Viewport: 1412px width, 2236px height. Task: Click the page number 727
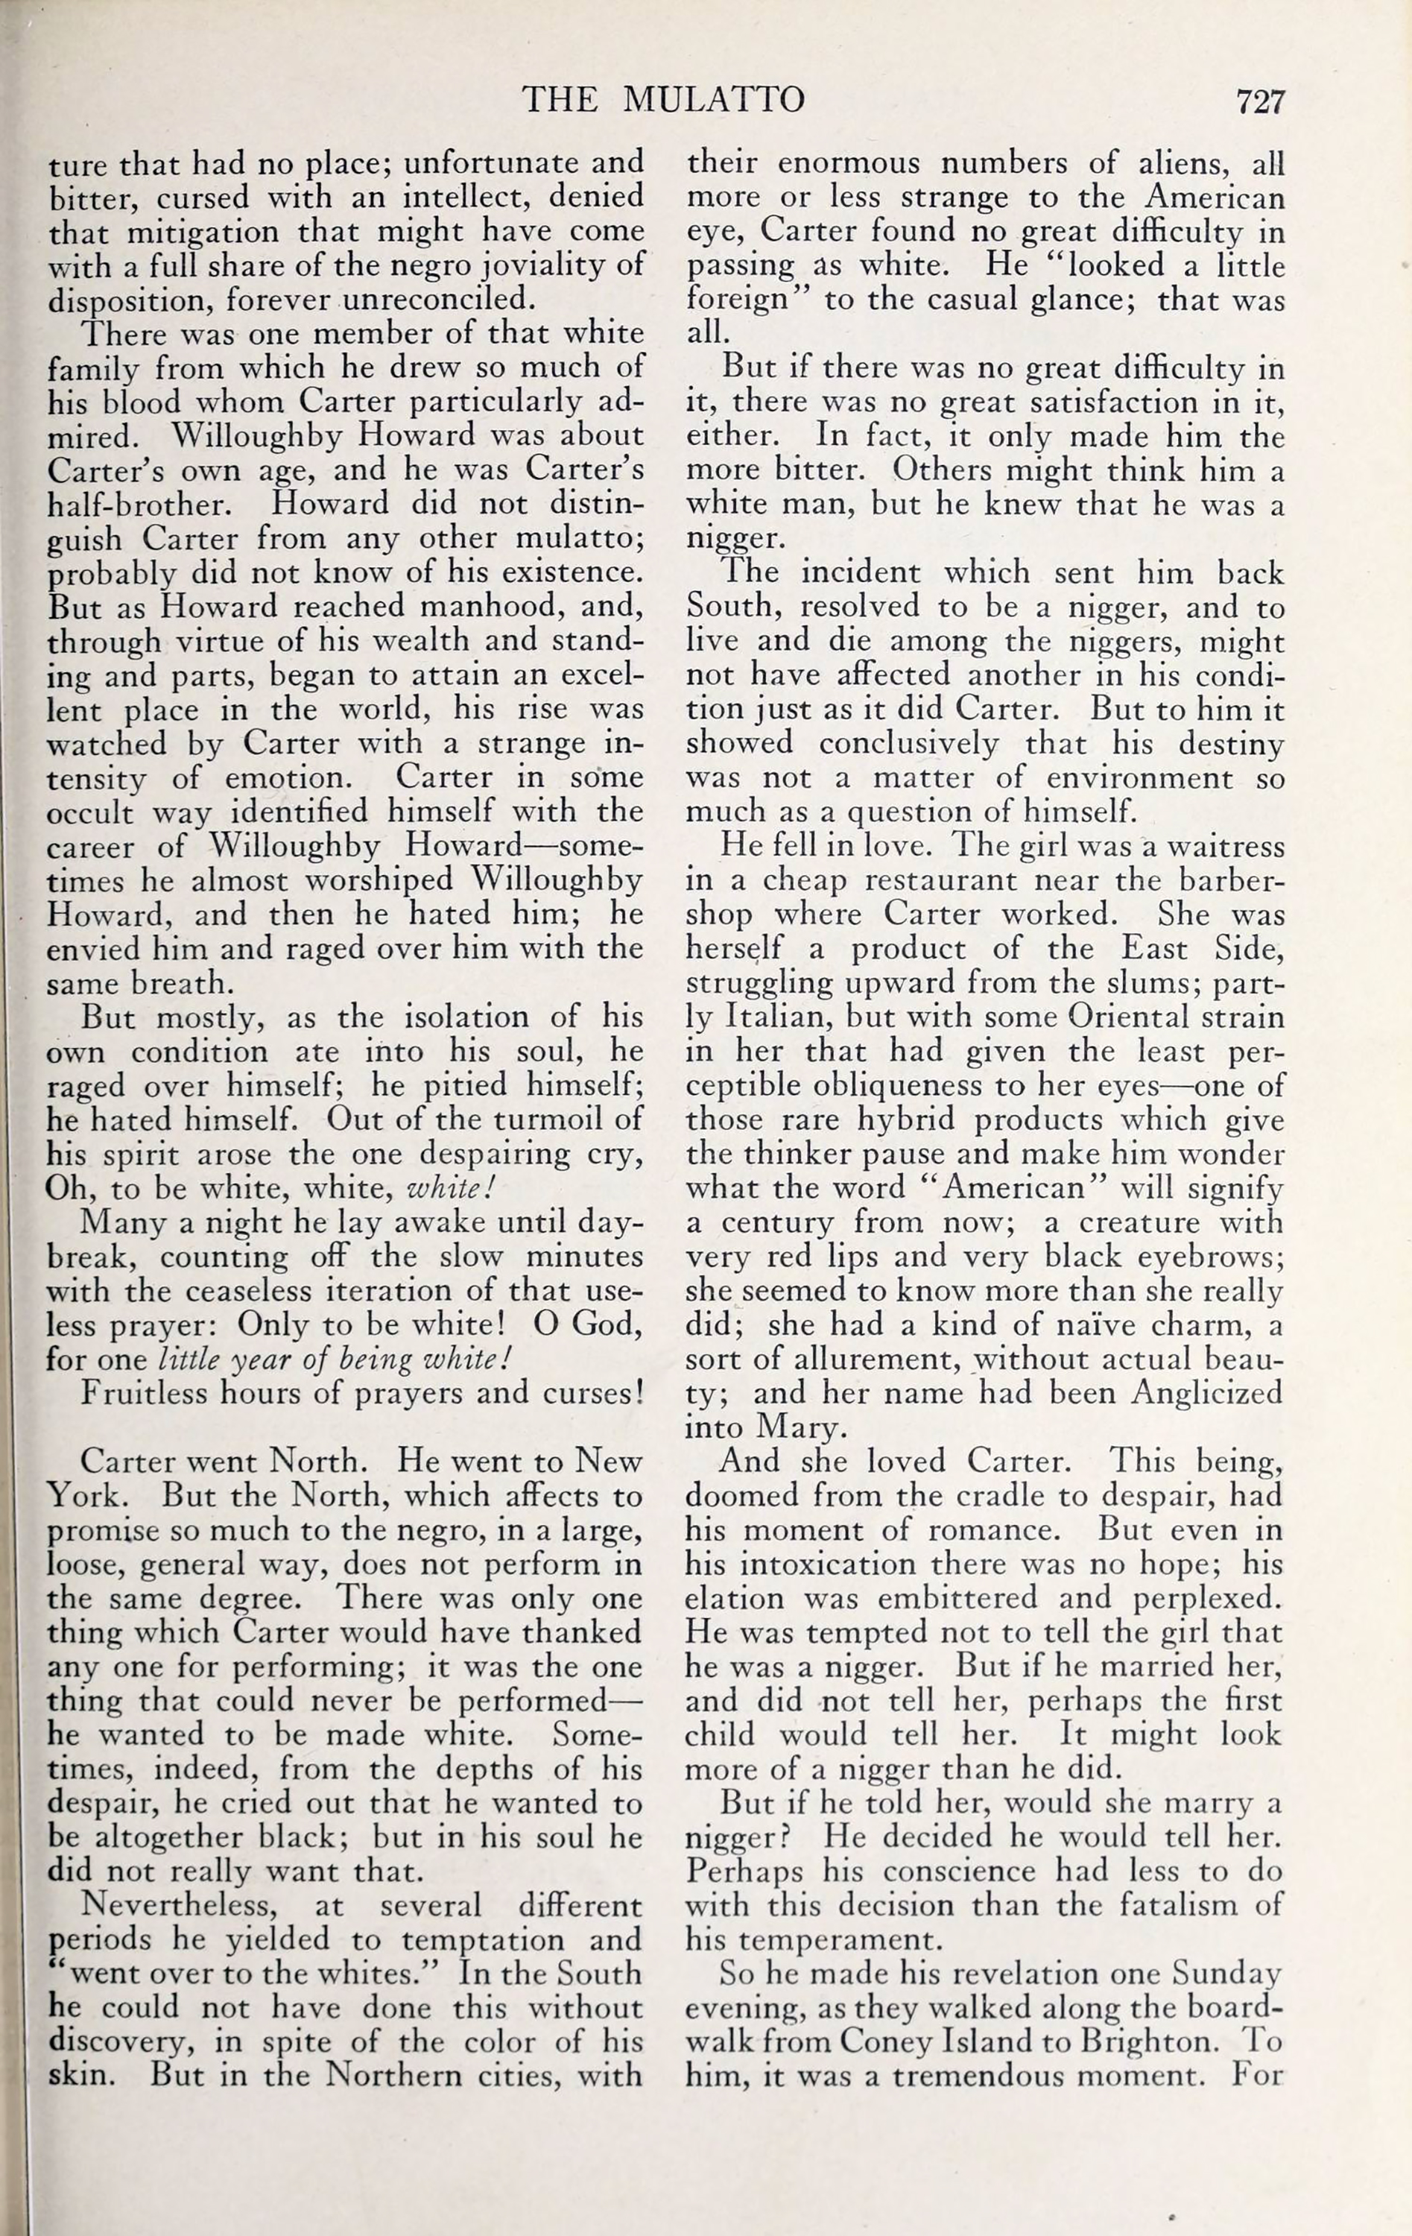[1259, 101]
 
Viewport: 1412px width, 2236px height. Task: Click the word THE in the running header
[560, 99]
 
